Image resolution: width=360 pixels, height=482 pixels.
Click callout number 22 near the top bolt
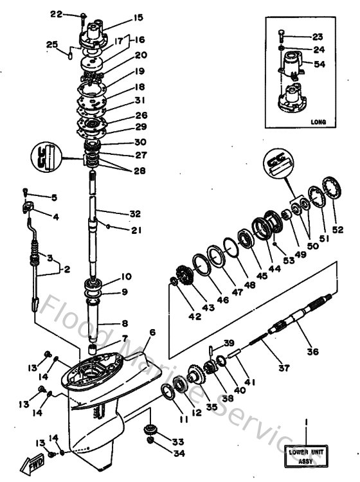tap(74, 13)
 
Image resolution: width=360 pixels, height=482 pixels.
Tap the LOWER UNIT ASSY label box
tap(307, 452)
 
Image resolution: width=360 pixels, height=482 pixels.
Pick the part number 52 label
tap(337, 229)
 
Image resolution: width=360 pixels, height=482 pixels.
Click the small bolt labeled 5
tap(26, 191)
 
